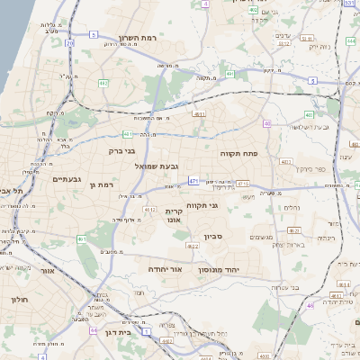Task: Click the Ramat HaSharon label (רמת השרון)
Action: click(138, 39)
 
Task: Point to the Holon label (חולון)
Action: click(20, 300)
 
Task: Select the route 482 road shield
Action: click(103, 84)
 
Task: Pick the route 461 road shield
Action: click(82, 238)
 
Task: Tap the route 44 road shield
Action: click(94, 330)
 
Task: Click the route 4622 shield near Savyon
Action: click(193, 246)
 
